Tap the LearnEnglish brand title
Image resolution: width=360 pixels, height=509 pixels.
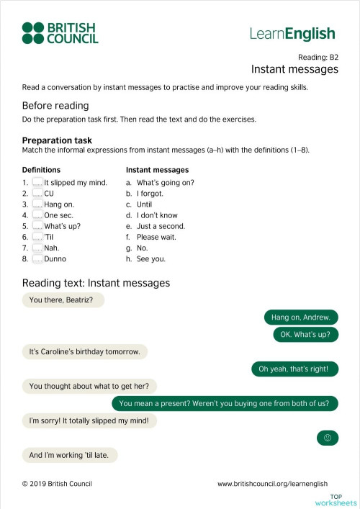pos(292,33)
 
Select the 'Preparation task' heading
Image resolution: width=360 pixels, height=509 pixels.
pos(57,140)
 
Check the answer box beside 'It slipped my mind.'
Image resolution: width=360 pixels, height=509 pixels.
pos(37,183)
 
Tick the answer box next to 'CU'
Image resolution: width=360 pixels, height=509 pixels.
pos(37,194)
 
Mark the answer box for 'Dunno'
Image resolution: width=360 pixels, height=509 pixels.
pos(37,258)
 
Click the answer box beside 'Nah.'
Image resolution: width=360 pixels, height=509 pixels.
pos(37,248)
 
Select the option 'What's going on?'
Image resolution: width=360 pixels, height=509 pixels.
pos(165,183)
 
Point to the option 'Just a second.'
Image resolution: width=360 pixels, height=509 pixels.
pos(161,226)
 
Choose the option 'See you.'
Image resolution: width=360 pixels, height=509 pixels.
pos(150,258)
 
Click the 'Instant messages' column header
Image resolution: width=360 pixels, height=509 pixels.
pos(157,170)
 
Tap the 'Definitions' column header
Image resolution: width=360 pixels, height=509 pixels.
pos(42,170)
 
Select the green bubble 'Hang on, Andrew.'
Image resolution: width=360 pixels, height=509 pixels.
pos(301,317)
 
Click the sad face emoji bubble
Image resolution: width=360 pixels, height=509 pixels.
pos(327,438)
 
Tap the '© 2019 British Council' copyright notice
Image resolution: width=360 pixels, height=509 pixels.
pos(57,484)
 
